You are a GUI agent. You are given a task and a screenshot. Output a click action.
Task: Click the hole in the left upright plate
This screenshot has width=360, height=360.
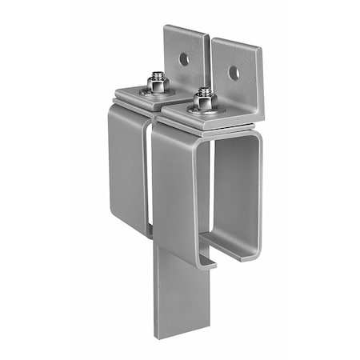[x=184, y=58]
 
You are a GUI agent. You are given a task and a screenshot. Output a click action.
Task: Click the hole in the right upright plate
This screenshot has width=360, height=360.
[x=233, y=73]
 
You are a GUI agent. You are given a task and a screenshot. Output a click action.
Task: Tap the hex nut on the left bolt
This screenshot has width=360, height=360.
[x=155, y=83]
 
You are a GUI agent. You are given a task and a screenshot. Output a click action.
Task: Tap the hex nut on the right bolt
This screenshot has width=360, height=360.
[x=205, y=102]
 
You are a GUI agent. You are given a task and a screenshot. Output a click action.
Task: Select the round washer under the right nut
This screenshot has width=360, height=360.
[x=205, y=110]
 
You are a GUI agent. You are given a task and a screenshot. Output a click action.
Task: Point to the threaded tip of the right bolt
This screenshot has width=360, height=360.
[x=205, y=93]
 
